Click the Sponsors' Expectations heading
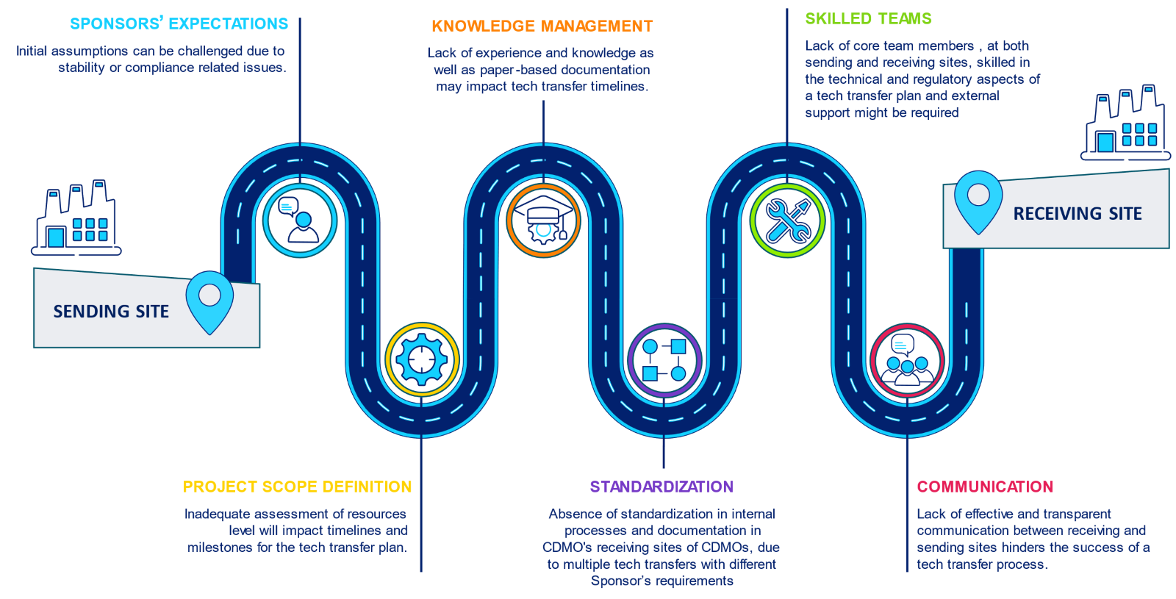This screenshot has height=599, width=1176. (x=179, y=24)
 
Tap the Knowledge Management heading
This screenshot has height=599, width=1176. (x=542, y=26)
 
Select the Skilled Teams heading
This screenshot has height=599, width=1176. (x=868, y=18)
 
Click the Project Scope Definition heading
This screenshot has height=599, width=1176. (x=297, y=487)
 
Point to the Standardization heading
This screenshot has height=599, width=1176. (x=661, y=487)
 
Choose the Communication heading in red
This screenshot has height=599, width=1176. (x=985, y=487)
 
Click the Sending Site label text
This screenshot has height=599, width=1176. (x=111, y=312)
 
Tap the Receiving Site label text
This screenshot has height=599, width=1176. (x=1078, y=214)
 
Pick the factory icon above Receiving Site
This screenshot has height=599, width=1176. (x=1125, y=122)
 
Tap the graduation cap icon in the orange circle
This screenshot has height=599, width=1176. (x=543, y=220)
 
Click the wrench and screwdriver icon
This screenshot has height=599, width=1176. (x=787, y=220)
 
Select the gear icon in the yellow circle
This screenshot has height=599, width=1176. (x=421, y=359)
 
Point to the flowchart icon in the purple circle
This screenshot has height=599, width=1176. (x=664, y=360)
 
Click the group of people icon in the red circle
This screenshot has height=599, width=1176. (x=907, y=360)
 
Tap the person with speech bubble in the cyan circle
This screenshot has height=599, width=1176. (x=300, y=220)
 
